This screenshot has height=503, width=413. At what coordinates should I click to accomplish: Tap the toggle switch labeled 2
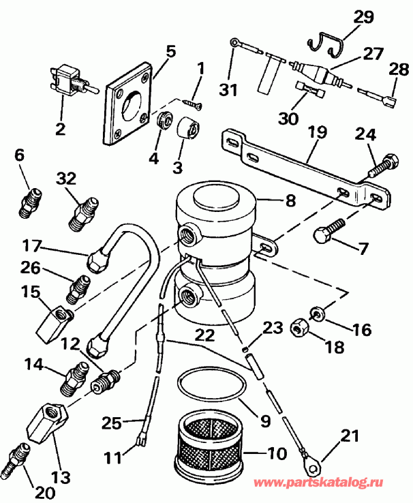click(x=67, y=77)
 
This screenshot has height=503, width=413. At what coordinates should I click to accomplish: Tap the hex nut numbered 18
click(x=298, y=329)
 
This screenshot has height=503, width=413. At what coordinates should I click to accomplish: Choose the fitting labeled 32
click(x=83, y=214)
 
